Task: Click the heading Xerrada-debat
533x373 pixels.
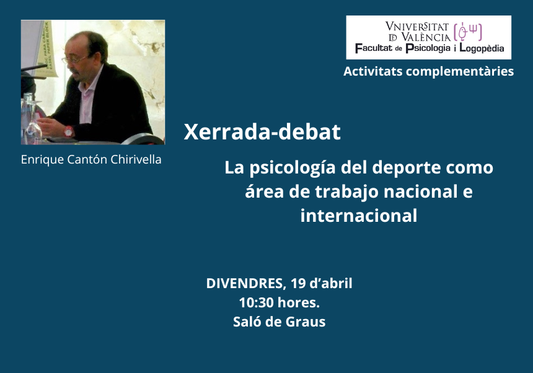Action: (262, 132)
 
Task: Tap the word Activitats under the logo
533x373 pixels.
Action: (372, 71)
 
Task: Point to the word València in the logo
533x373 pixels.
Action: (426, 37)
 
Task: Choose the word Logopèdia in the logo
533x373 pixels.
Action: (482, 48)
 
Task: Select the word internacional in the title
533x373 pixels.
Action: (359, 216)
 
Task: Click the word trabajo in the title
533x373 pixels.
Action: (346, 192)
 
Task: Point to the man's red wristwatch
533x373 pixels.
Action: (68, 131)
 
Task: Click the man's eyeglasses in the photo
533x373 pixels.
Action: (73, 60)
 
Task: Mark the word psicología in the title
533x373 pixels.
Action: (293, 169)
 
